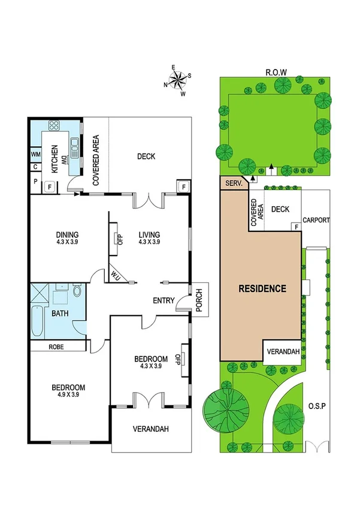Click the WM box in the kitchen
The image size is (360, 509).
[35, 155]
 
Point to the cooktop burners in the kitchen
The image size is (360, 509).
[54, 127]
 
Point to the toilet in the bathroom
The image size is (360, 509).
[77, 292]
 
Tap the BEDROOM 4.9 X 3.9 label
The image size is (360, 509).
[68, 391]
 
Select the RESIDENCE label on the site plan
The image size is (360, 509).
[262, 288]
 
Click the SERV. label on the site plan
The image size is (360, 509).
[233, 183]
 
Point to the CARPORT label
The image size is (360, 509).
[316, 221]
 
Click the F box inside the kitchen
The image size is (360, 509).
[49, 186]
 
